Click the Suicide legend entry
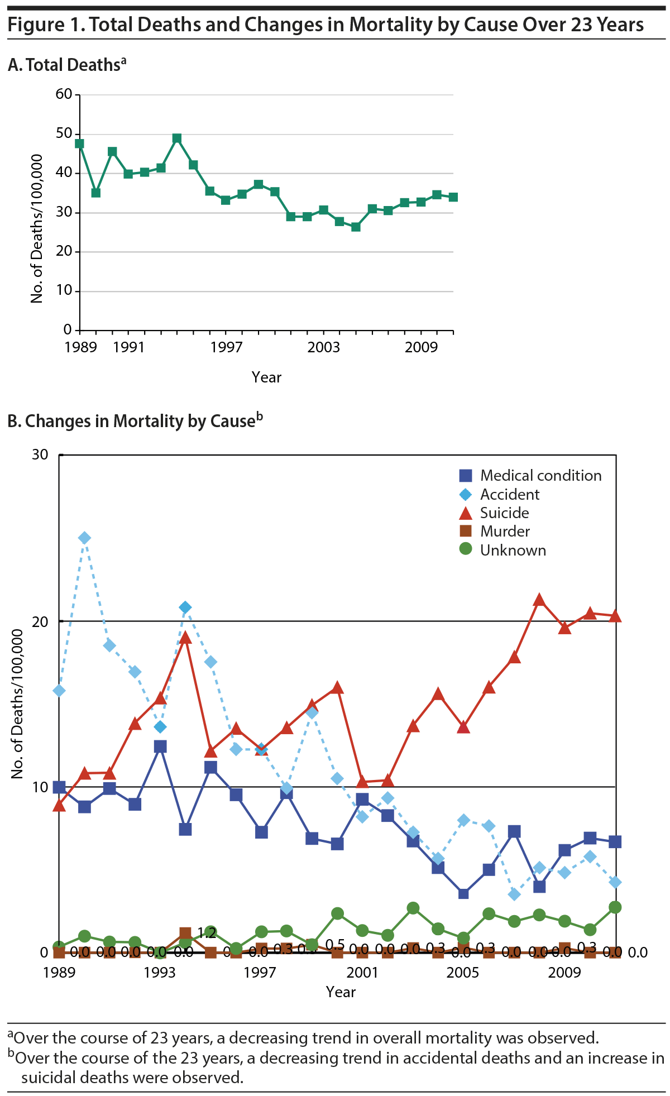point(504,513)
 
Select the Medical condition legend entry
point(540,476)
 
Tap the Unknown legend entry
point(513,550)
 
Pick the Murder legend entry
point(505,532)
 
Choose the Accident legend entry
point(509,495)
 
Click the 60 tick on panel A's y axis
point(64,94)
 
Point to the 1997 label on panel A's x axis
point(226,347)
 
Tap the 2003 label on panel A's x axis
point(323,347)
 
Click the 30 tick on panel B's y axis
point(40,454)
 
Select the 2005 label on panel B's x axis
point(463,973)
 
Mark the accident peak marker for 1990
point(84,538)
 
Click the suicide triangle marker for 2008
point(539,600)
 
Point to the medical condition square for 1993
point(160,746)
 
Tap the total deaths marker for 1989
point(80,143)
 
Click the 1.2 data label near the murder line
point(207,933)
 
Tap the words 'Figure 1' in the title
point(45,25)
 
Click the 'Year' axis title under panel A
point(266,377)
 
